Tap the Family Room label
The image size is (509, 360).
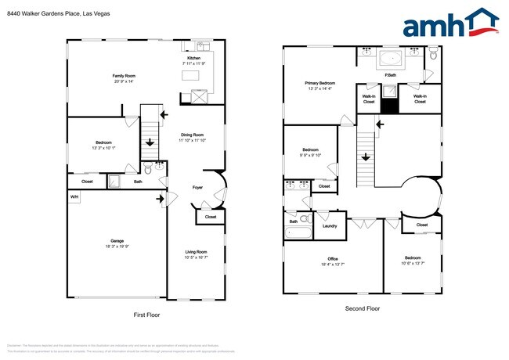(124, 75)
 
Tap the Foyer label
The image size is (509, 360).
(197, 187)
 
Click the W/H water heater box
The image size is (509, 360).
(74, 197)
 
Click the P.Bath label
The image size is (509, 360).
(389, 75)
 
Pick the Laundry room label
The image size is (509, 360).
(330, 226)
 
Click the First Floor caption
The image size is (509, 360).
(146, 314)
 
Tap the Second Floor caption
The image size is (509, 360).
(363, 308)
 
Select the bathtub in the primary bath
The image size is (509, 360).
(389, 58)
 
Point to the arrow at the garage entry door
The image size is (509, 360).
(161, 199)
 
